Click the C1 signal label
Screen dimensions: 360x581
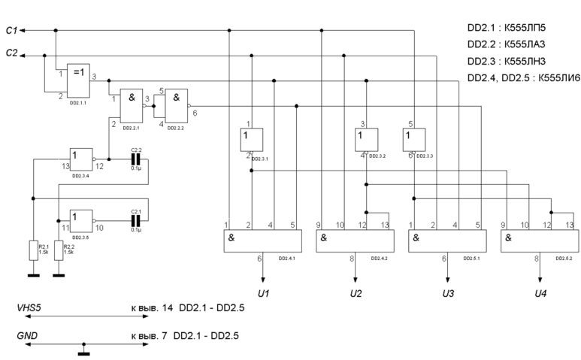click(11, 30)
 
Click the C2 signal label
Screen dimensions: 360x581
click(11, 54)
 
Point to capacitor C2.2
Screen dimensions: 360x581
click(136, 159)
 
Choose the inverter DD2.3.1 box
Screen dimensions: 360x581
click(251, 141)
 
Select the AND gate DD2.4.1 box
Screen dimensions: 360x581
click(261, 241)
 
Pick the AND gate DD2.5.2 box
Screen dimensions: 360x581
click(538, 241)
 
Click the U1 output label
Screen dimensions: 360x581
click(262, 292)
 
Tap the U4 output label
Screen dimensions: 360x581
click(540, 292)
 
